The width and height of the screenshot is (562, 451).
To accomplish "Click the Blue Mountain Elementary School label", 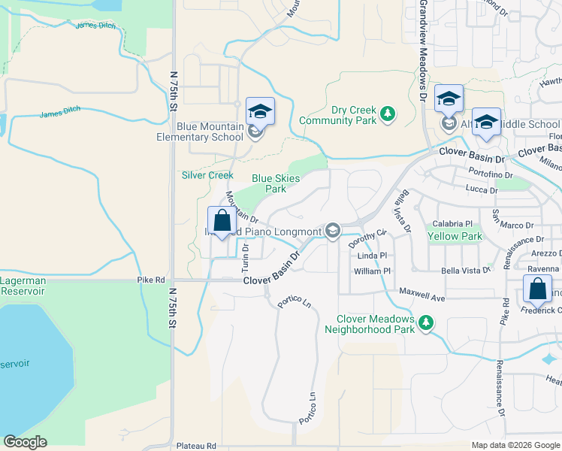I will coord(199,132).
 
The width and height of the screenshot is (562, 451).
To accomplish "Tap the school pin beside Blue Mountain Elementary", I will coord(260,113).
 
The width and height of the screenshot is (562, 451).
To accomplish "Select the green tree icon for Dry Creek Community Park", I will coord(387,114).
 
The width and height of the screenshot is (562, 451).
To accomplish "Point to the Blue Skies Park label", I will coord(276,183).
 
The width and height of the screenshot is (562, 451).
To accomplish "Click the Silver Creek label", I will coord(207,175).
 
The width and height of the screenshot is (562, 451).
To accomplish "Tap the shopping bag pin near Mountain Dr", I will coord(222,222).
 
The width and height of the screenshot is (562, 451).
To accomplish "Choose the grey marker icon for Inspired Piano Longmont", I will coord(332,230).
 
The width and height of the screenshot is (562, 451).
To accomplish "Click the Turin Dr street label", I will coord(245,257).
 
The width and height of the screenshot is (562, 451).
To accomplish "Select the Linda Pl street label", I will coord(372,256).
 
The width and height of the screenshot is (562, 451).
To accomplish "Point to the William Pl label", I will coord(373,271).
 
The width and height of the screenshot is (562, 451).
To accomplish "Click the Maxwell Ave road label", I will coord(422,289).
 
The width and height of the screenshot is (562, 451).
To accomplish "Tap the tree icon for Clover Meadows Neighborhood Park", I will coord(426,322).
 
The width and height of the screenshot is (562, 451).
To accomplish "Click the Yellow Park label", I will coord(455,236).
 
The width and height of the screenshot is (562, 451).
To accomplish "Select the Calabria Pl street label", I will coord(452,223).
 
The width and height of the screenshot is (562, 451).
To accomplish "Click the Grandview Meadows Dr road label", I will coord(423,49).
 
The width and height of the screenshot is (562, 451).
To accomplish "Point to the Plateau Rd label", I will coord(196,446).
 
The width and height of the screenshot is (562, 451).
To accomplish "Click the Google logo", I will coord(26,442).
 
